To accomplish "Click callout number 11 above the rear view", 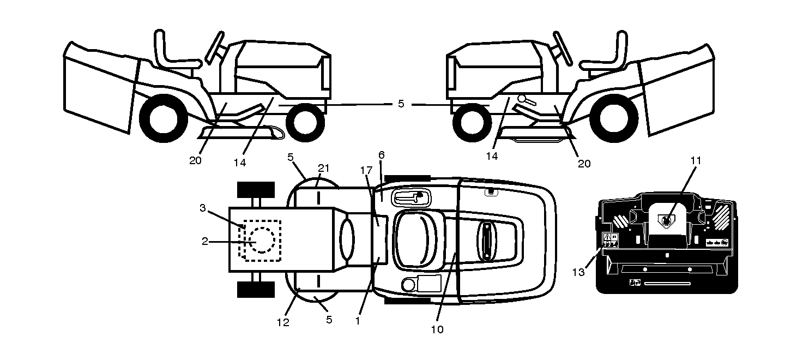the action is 696,160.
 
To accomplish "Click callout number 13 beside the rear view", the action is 578,272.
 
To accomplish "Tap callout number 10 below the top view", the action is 437,329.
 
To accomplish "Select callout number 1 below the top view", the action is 358,321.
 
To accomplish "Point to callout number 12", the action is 283,323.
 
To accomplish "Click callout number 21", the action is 324,168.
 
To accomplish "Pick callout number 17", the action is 366,170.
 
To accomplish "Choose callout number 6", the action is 382,155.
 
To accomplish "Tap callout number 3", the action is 203,208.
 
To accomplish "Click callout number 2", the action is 205,242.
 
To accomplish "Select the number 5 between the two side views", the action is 401,104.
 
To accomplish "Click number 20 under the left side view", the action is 195,160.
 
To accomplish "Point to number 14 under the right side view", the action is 492,156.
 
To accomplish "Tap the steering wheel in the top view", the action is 487,241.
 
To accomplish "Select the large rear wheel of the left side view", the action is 164,118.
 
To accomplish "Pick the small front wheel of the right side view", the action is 472,123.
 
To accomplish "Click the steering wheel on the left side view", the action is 215,47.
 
